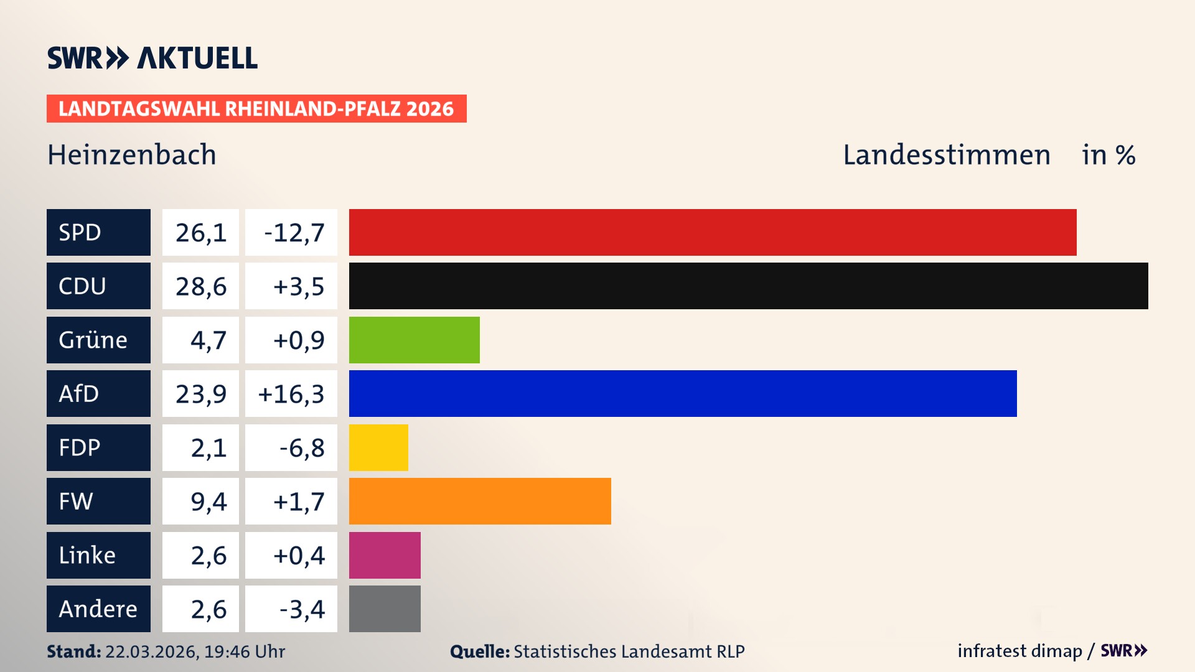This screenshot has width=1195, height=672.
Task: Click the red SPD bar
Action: pyautogui.click(x=713, y=232)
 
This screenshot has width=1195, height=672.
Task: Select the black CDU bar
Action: pyautogui.click(x=748, y=286)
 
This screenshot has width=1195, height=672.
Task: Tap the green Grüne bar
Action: pyautogui.click(x=414, y=340)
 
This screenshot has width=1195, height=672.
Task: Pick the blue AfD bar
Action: pyautogui.click(x=683, y=393)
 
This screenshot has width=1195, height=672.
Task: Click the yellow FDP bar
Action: pyautogui.click(x=378, y=447)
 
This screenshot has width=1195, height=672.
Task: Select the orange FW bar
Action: pyautogui.click(x=480, y=501)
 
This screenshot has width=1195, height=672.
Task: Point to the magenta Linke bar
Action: pyautogui.click(x=385, y=555)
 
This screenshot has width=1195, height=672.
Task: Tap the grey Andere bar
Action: pyautogui.click(x=385, y=609)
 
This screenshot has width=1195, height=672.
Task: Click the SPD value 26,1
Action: pyautogui.click(x=200, y=233)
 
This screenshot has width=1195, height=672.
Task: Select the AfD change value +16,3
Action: pyautogui.click(x=291, y=394)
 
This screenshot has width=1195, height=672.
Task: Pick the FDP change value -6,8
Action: pyautogui.click(x=301, y=448)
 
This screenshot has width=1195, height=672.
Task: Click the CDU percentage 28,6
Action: pyautogui.click(x=200, y=286)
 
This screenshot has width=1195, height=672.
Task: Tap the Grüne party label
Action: pyautogui.click(x=93, y=340)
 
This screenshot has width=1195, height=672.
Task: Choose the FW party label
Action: pyautogui.click(x=76, y=501)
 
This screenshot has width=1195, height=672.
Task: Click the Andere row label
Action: pyautogui.click(x=98, y=609)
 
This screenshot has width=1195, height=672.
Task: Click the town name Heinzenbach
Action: pyautogui.click(x=132, y=155)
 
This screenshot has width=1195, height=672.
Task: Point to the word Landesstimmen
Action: pyautogui.click(x=946, y=155)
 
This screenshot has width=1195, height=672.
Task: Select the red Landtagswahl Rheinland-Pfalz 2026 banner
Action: pyautogui.click(x=256, y=109)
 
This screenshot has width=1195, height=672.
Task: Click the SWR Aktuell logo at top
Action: pyautogui.click(x=152, y=58)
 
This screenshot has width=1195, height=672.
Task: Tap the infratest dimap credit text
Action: pyautogui.click(x=1019, y=651)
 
